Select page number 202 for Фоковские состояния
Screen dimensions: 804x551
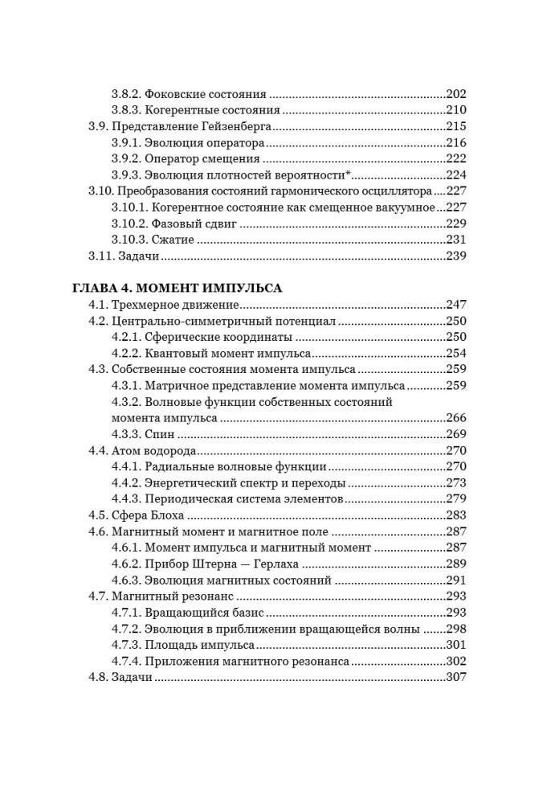pyautogui.click(x=455, y=93)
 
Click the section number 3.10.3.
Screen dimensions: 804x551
pyautogui.click(x=126, y=240)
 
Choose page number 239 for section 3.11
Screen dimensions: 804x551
pyautogui.click(x=455, y=256)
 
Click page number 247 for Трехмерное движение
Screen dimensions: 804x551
pyautogui.click(x=455, y=305)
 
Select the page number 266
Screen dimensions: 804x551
pyautogui.click(x=455, y=418)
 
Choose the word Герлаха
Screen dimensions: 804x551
pyautogui.click(x=284, y=564)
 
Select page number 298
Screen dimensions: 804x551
pyautogui.click(x=455, y=629)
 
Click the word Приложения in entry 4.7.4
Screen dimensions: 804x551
pyautogui.click(x=182, y=661)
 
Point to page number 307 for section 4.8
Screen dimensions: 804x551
pyautogui.click(x=455, y=678)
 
